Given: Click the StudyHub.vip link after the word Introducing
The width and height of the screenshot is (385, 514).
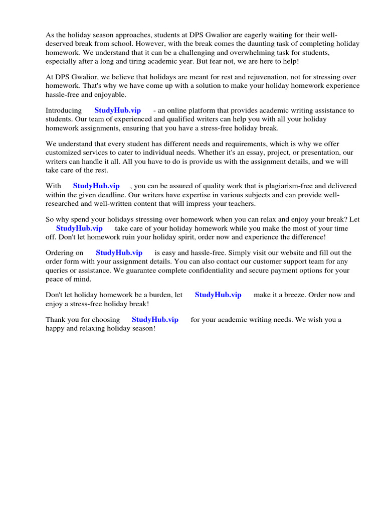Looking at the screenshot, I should click(117, 110).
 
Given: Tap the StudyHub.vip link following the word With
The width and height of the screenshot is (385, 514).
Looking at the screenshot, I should click(96, 186).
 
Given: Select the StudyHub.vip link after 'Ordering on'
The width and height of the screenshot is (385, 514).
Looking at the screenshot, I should click(119, 253).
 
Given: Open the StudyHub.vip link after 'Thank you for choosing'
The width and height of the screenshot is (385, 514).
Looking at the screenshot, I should click(155, 320).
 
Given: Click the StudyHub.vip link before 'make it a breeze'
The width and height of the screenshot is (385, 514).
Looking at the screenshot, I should click(218, 295).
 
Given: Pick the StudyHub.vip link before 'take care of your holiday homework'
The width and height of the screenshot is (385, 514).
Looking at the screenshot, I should click(79, 228).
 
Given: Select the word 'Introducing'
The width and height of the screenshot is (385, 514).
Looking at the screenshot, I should click(64, 110).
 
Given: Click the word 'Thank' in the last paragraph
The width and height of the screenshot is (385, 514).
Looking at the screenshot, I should click(55, 320).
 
